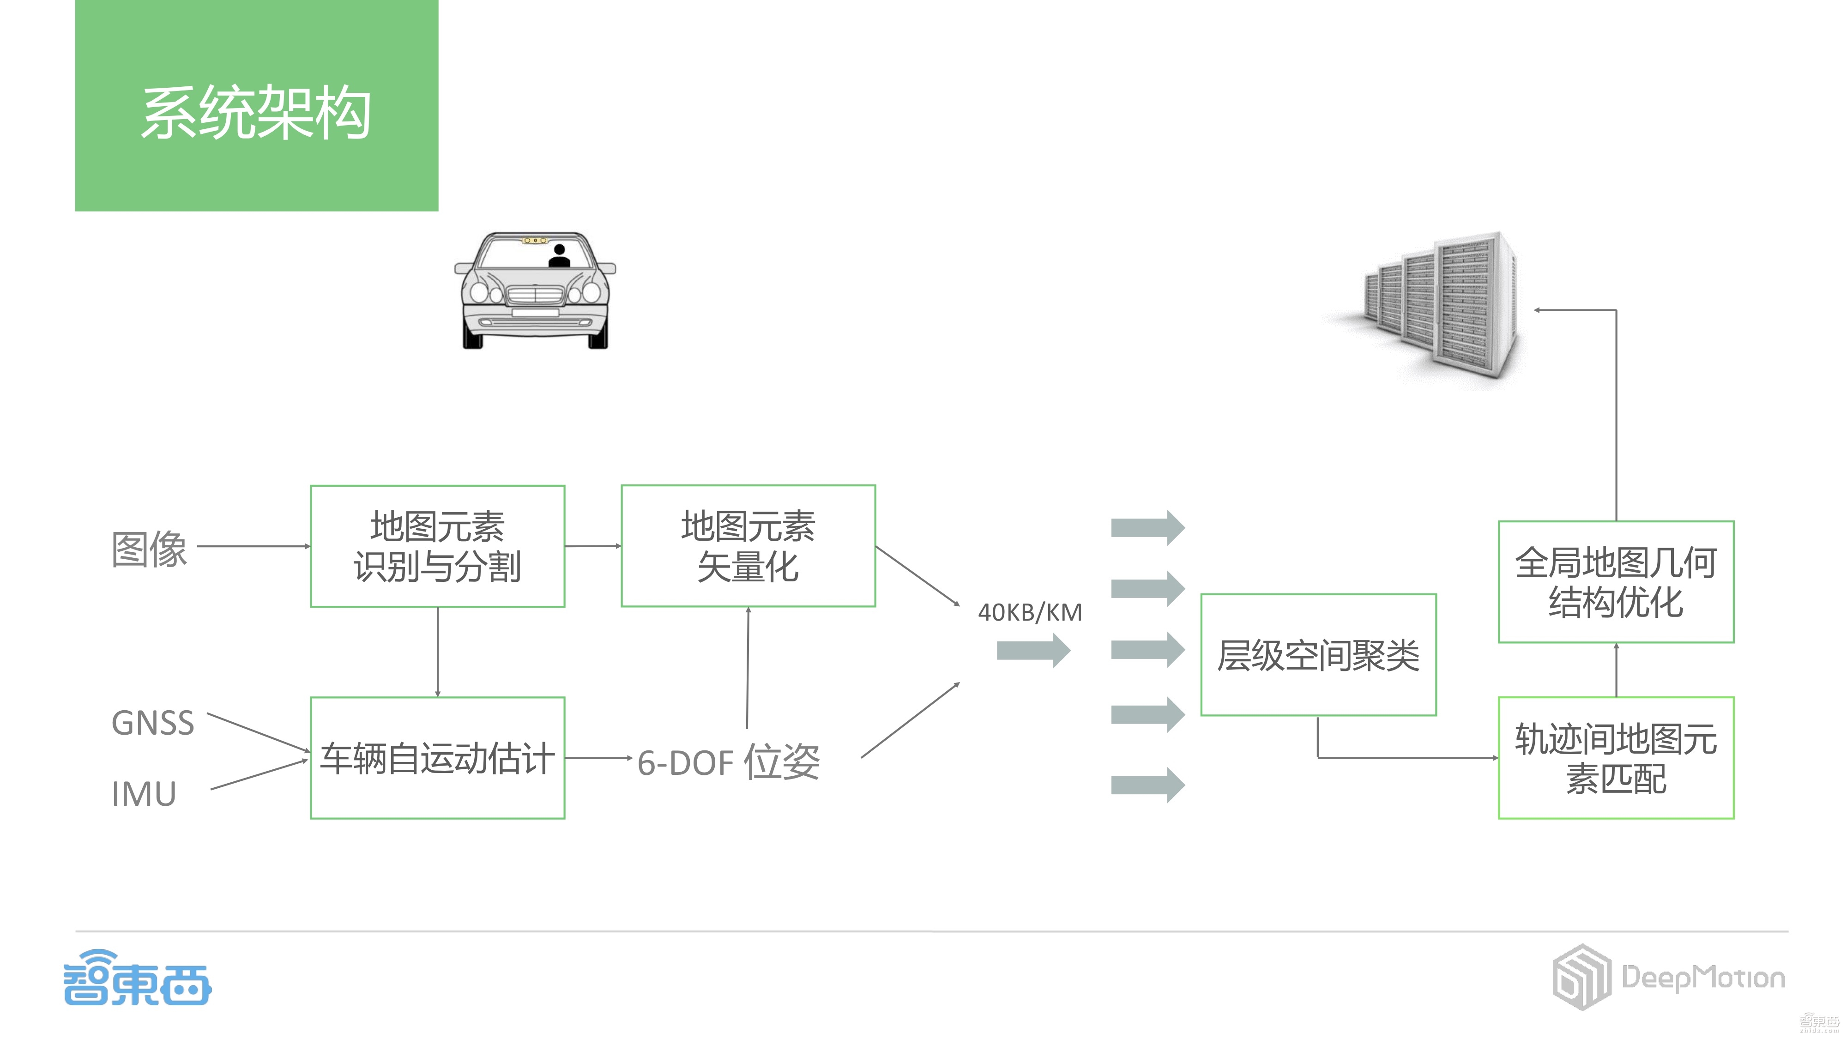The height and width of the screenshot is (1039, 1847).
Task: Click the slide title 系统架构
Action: (x=256, y=113)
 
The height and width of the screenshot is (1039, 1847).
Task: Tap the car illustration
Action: (x=535, y=290)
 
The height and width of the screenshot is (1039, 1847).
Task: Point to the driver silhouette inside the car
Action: (x=559, y=256)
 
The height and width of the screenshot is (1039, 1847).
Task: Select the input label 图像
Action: (x=149, y=549)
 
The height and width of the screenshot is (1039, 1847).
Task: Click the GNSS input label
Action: (x=153, y=723)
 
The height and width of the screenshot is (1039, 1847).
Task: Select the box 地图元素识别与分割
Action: (x=437, y=546)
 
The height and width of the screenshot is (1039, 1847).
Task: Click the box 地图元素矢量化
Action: (x=748, y=546)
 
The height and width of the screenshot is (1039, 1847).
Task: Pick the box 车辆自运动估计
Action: (x=437, y=758)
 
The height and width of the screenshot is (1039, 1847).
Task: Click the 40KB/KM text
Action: (x=1030, y=612)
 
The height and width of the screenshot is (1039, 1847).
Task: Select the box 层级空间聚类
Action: (x=1318, y=655)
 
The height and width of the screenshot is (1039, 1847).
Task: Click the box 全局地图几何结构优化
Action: (x=1615, y=581)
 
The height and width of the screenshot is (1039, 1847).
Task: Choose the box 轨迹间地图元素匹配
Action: (x=1615, y=758)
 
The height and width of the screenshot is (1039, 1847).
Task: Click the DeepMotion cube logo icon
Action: (x=1581, y=977)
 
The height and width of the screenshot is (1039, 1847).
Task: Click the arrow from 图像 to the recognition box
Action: (x=253, y=546)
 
